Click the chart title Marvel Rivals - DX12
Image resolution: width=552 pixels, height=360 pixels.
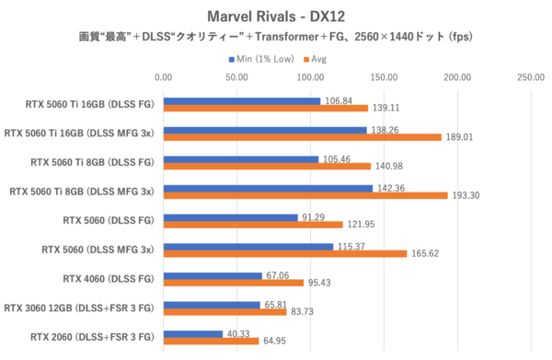pos(275,15)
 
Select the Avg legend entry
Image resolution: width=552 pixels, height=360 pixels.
pos(318,58)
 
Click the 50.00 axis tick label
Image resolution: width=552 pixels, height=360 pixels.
pos(237,77)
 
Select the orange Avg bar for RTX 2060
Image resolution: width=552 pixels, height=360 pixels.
pos(211,342)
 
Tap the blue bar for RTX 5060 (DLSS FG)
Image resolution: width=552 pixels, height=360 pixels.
pos(231,216)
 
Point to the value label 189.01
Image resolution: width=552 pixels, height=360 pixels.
pos(460,138)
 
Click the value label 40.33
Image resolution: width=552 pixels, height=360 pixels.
pos(238,333)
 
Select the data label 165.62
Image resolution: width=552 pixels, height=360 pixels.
pos(425,254)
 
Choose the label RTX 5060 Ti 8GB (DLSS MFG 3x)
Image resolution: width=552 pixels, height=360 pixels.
pos(83,192)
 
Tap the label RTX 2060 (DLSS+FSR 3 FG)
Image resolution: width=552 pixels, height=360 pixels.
pos(91,337)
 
